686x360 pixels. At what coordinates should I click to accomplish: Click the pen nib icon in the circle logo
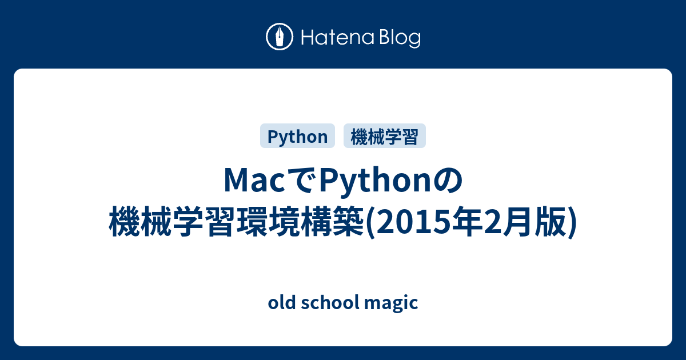click(x=280, y=37)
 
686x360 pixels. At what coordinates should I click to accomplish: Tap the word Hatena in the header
click(x=338, y=37)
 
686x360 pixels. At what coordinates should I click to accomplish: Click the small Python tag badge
click(x=297, y=136)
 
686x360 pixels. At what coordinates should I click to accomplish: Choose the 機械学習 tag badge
click(x=385, y=136)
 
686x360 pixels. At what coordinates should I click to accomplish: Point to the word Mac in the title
click(x=254, y=181)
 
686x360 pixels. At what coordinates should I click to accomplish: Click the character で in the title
click(x=301, y=181)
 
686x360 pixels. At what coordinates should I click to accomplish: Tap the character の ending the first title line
click(x=448, y=181)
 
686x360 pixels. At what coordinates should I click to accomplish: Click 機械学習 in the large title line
click(x=173, y=221)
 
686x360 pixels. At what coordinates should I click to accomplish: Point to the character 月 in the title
click(x=516, y=221)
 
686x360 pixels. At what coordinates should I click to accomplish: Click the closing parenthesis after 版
click(x=572, y=222)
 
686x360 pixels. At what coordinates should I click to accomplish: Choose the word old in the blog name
click(x=281, y=302)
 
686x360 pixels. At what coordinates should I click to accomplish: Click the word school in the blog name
click(x=330, y=302)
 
